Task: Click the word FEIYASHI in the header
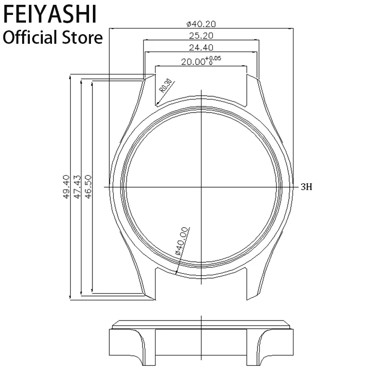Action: (50, 14)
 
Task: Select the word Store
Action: (82, 38)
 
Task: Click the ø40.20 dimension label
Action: (201, 24)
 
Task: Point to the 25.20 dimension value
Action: (201, 36)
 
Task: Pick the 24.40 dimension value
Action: (201, 48)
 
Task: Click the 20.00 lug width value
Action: (193, 62)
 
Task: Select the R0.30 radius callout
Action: (166, 86)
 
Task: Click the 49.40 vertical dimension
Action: (66, 187)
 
